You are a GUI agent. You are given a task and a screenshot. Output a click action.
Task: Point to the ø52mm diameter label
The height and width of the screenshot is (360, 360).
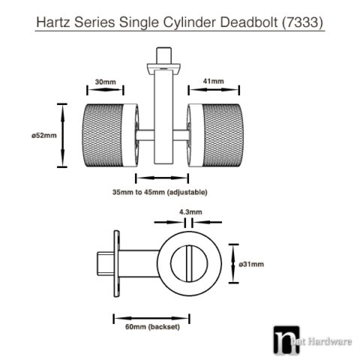(44, 135)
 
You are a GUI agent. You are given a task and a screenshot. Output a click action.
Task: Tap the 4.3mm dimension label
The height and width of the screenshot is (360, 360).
(189, 212)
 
